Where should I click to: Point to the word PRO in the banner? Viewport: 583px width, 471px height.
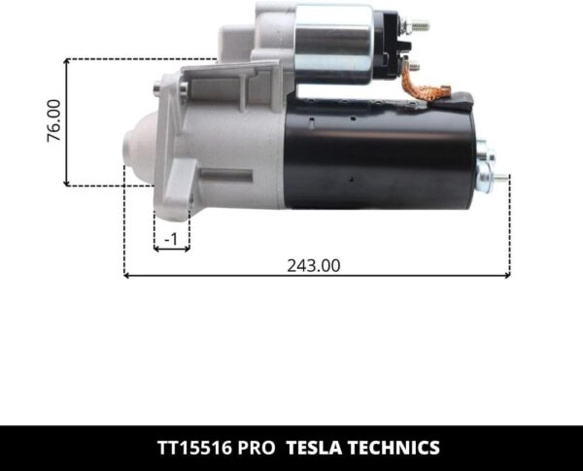[257, 448]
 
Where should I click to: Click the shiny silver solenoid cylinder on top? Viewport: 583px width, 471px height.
[333, 42]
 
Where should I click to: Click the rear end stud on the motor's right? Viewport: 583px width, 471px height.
[498, 177]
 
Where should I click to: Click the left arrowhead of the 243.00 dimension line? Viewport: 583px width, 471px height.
[127, 276]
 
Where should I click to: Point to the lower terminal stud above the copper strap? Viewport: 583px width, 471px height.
[413, 64]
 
